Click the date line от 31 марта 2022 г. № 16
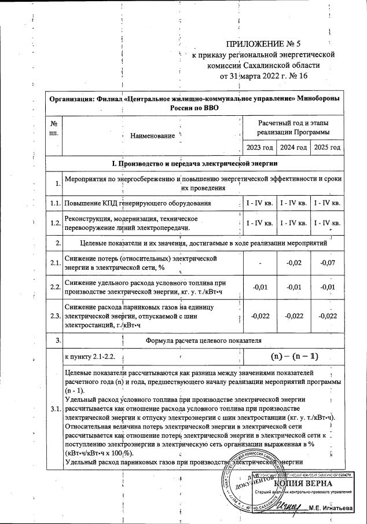click(x=263, y=76)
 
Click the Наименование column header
click(x=152, y=135)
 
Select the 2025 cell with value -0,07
click(x=327, y=263)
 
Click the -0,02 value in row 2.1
click(x=293, y=263)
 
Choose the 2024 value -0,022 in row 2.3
click(x=293, y=316)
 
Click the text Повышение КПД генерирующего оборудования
click(x=137, y=204)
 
